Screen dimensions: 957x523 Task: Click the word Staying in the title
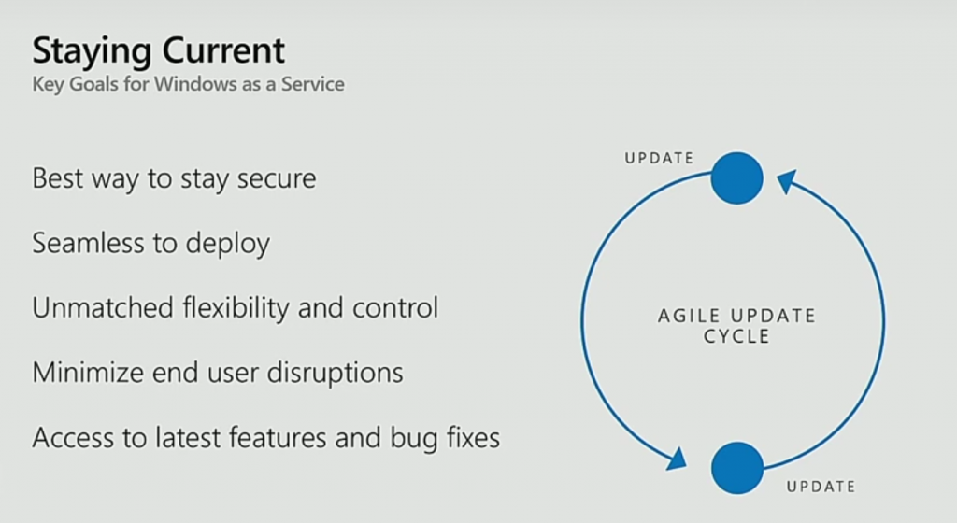pyautogui.click(x=93, y=51)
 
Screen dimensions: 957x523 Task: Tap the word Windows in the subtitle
pyautogui.click(x=194, y=83)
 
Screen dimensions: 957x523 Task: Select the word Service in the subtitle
pyautogui.click(x=312, y=83)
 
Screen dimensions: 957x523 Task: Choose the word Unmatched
pyautogui.click(x=103, y=308)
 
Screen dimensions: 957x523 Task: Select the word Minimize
pyautogui.click(x=88, y=373)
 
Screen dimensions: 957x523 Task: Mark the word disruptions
pyautogui.click(x=336, y=374)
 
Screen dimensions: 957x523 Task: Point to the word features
pyautogui.click(x=277, y=438)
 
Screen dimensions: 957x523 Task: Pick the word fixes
pyautogui.click(x=473, y=438)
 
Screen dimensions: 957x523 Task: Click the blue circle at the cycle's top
pyautogui.click(x=737, y=178)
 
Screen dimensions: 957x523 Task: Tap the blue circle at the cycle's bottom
pyautogui.click(x=737, y=468)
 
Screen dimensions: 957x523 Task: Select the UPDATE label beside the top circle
pyautogui.click(x=659, y=159)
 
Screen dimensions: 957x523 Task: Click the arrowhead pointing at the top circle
pyautogui.click(x=787, y=181)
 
